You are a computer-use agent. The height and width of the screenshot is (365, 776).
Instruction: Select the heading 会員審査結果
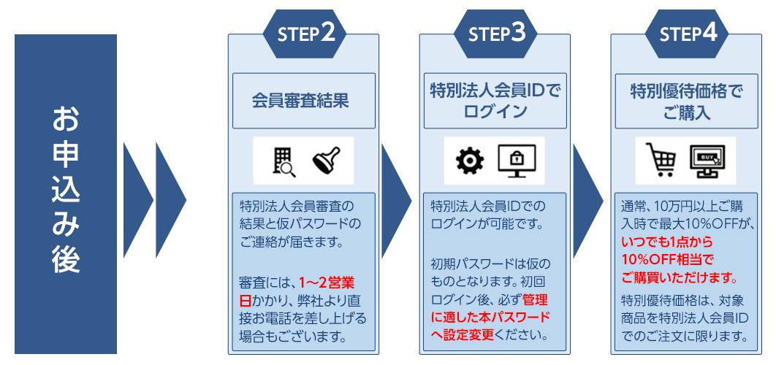[x=304, y=101]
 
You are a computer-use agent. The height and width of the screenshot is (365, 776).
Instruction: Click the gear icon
[x=470, y=161]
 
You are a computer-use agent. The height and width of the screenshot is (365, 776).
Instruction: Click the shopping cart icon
[x=661, y=161]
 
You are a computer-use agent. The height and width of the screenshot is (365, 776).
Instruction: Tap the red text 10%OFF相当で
[x=666, y=260]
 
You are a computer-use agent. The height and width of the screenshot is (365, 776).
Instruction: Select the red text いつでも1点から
[x=666, y=242]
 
